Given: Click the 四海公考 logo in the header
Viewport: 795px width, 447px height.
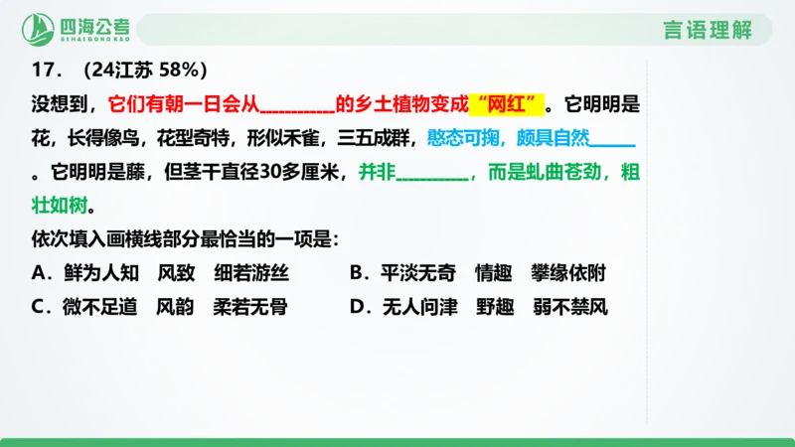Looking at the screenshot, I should tap(79, 27).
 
